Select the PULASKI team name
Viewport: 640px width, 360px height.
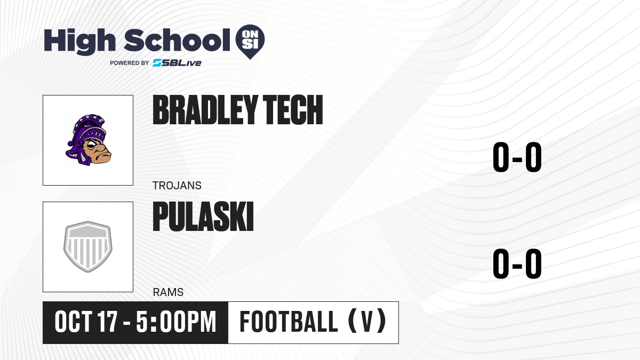pos(203,217)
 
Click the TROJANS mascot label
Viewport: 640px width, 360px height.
pos(177,186)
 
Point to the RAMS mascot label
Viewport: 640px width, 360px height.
pos(168,292)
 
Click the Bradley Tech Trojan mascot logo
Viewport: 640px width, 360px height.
pos(88,140)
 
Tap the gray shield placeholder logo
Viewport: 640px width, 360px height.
pos(88,246)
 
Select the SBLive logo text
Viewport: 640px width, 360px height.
pos(177,63)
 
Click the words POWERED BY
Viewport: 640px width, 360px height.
pos(130,63)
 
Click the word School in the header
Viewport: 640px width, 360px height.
pos(177,40)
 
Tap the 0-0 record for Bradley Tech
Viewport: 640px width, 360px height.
pos(517,157)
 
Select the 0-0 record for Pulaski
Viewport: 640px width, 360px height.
pos(517,263)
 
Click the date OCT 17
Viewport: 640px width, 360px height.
pos(86,322)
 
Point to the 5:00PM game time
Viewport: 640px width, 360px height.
pos(176,322)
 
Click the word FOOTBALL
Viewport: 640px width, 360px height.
pos(289,322)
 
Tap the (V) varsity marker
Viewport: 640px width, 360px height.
pos(367,322)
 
